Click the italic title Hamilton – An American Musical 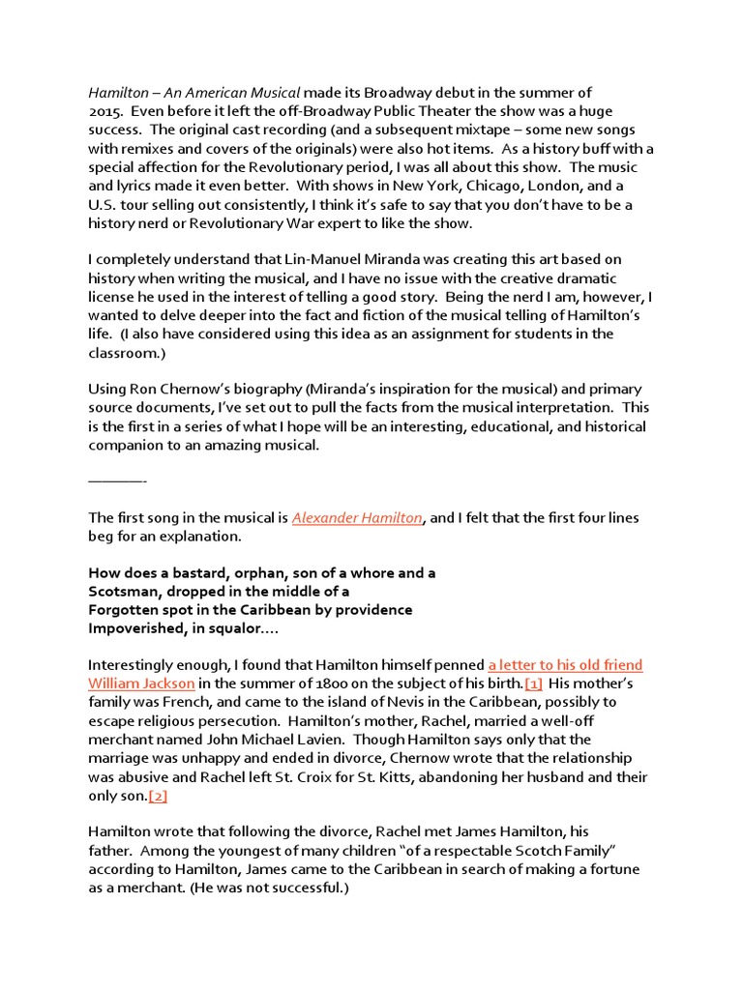click(x=194, y=93)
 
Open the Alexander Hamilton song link click(x=357, y=518)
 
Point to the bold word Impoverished click(x=134, y=628)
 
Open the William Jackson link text click(x=142, y=684)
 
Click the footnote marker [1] click(x=533, y=684)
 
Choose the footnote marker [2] click(x=160, y=795)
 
